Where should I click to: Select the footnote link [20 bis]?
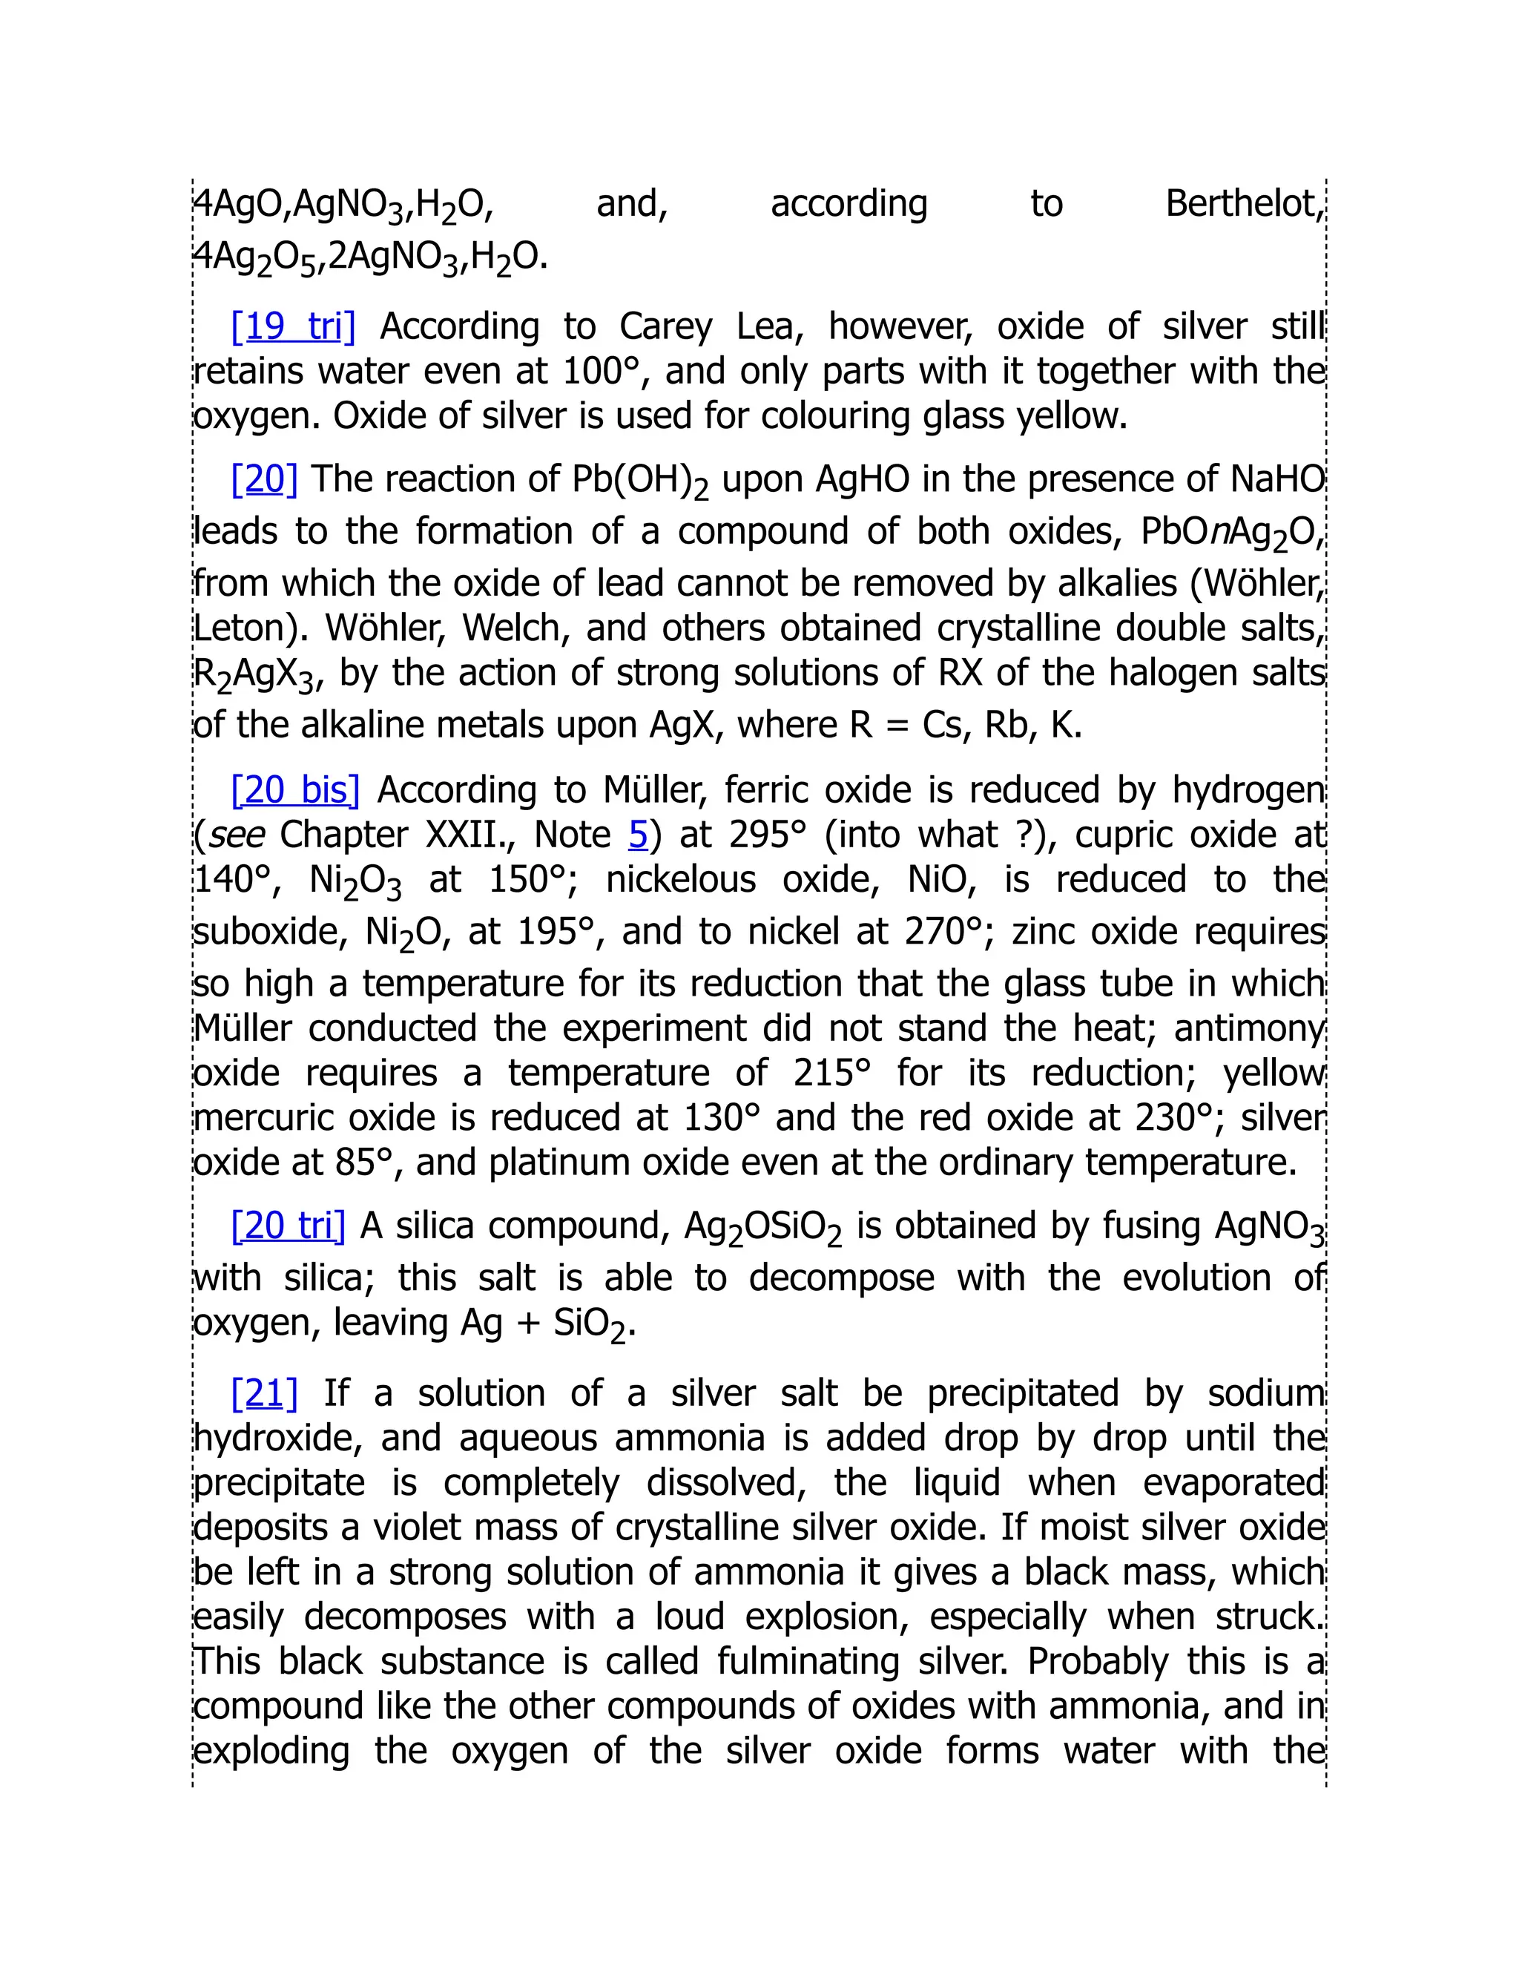[295, 789]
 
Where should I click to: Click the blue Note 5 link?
[638, 835]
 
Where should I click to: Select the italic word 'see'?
[237, 835]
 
